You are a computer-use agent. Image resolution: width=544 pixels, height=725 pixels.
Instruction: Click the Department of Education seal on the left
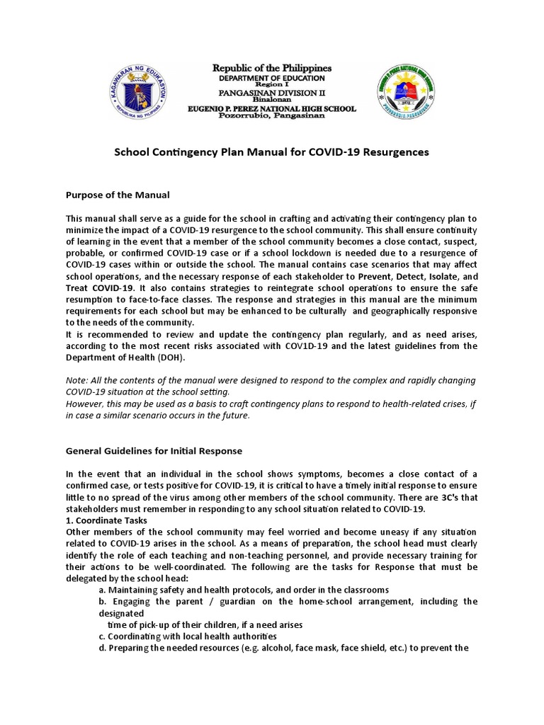pos(141,91)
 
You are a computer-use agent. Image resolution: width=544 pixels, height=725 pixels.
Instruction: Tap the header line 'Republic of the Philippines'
pos(272,68)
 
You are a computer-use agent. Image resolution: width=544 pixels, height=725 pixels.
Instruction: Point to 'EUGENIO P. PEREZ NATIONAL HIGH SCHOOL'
pos(272,108)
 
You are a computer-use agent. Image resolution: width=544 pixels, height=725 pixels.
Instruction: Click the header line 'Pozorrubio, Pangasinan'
pos(272,116)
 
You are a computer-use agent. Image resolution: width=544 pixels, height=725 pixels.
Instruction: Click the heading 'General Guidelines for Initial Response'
pos(154,450)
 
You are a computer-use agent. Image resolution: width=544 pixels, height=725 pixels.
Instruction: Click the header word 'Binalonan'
pos(272,101)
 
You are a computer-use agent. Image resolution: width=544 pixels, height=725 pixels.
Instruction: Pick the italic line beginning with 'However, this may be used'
pos(269,404)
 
